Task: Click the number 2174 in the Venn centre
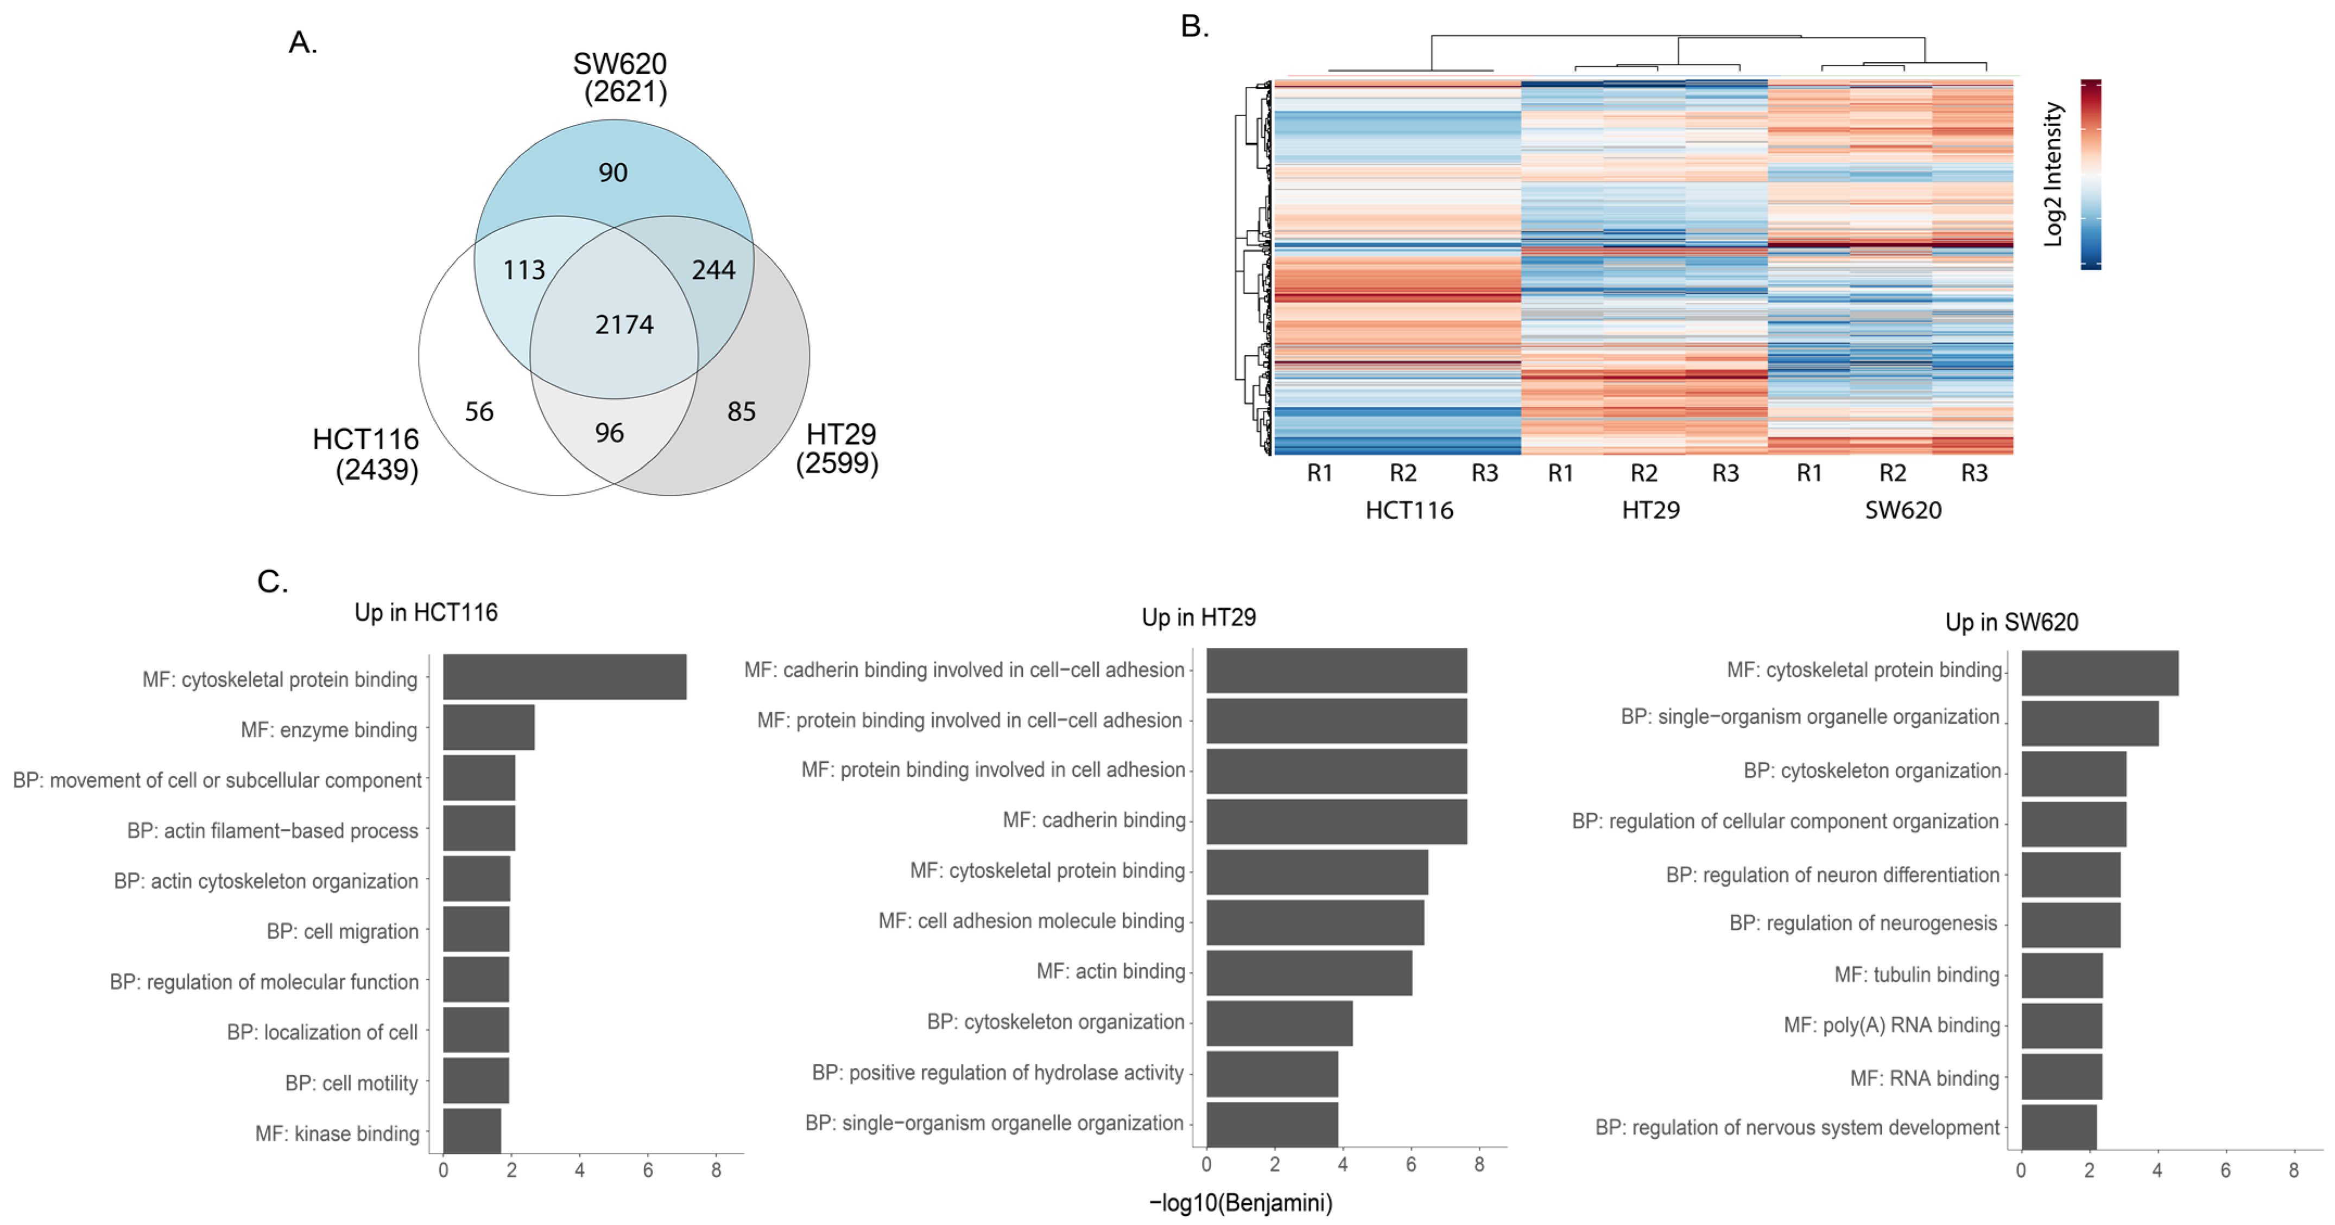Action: tap(624, 324)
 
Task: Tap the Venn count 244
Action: tap(713, 270)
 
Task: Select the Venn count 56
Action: tap(479, 412)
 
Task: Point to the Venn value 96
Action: tap(609, 433)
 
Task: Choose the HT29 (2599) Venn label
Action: tap(838, 449)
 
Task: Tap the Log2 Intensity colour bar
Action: tap(2090, 174)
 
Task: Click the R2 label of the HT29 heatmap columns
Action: tap(1643, 473)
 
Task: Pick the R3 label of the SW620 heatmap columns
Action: tap(1973, 473)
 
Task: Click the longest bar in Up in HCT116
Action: tap(564, 677)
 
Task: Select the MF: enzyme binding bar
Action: tap(489, 728)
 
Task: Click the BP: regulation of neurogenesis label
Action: tap(1863, 923)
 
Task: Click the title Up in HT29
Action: tap(1198, 618)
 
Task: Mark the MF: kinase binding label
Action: tap(337, 1133)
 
